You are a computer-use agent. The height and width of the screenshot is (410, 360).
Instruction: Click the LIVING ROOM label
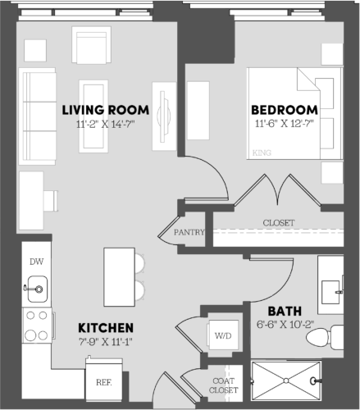tap(104, 110)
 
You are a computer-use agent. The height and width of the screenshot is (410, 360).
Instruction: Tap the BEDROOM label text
tap(284, 110)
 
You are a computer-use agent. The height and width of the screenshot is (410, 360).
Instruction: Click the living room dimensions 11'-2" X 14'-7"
tap(104, 124)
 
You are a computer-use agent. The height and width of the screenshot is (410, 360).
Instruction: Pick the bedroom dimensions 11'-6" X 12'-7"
tap(284, 124)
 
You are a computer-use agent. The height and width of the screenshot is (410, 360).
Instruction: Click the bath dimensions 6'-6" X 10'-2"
tap(285, 324)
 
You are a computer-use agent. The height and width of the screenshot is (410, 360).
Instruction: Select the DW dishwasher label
tap(36, 262)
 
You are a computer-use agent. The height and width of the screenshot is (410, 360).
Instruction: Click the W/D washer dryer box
tap(222, 335)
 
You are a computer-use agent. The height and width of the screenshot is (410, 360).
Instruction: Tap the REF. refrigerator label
tap(104, 382)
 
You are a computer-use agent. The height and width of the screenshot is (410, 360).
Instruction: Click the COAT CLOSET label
tap(221, 385)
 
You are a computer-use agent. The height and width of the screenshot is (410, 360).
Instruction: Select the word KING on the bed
tap(262, 153)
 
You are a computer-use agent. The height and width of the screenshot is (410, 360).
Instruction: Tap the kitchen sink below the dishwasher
tap(36, 288)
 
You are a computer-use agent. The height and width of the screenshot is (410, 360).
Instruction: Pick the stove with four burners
tap(36, 326)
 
